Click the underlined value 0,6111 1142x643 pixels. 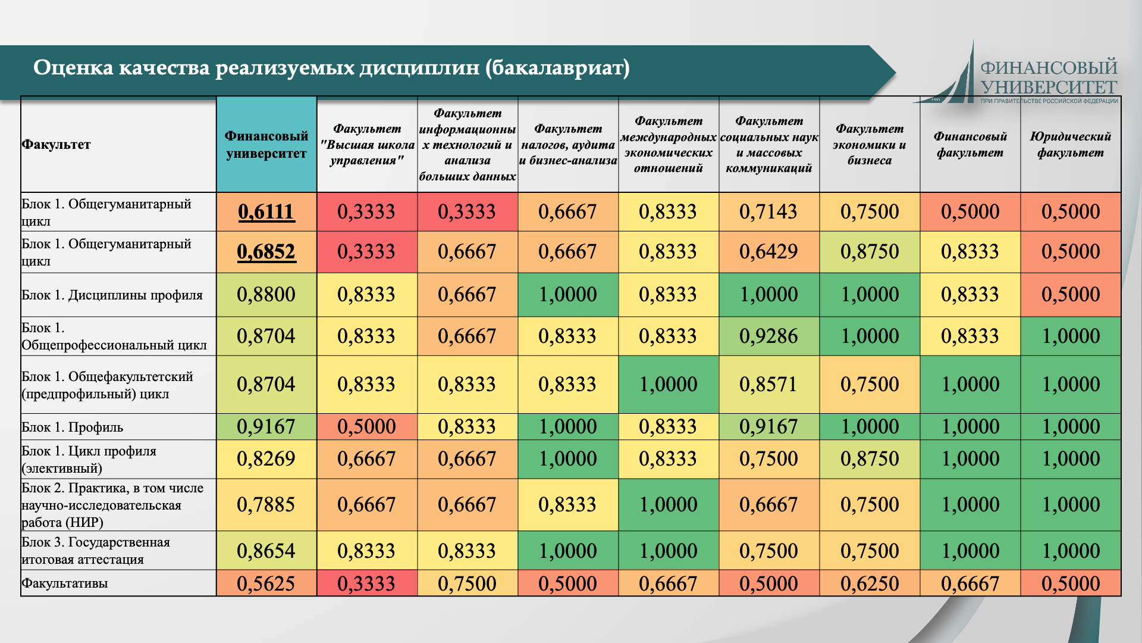[x=266, y=212]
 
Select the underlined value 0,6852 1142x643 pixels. [x=266, y=252]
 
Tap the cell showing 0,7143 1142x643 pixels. [x=768, y=212]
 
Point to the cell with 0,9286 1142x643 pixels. [x=768, y=336]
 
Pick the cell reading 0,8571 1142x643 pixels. [x=768, y=385]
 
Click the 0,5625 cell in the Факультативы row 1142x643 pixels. [x=266, y=583]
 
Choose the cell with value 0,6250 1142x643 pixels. [x=870, y=583]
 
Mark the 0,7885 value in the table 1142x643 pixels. [x=266, y=505]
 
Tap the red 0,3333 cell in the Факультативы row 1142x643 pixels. [x=366, y=583]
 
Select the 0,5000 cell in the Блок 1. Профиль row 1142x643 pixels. [x=366, y=427]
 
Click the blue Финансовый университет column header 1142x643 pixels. [x=266, y=145]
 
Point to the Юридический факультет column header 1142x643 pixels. [x=1070, y=145]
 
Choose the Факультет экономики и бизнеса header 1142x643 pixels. [x=870, y=145]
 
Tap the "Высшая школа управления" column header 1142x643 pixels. [x=366, y=145]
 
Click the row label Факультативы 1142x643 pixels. [x=65, y=583]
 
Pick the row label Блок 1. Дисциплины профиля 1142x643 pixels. [x=112, y=295]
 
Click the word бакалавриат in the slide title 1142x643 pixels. [x=557, y=68]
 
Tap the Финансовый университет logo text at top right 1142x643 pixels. [x=1049, y=77]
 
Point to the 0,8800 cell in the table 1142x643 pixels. [x=266, y=295]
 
